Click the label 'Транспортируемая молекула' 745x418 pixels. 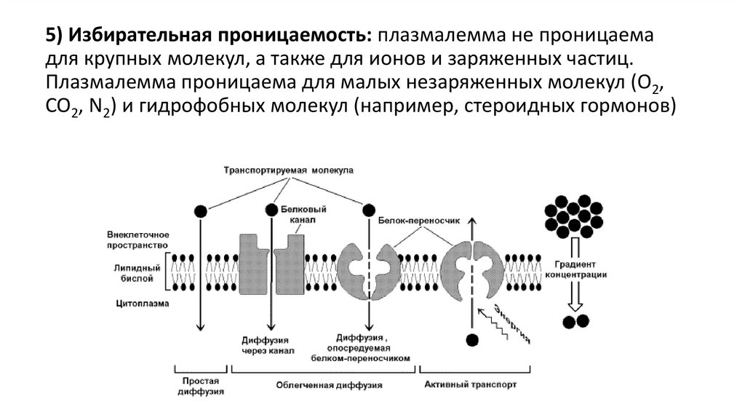tap(288, 170)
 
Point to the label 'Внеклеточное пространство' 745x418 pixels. tap(138, 240)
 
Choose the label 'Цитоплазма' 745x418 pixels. tap(138, 303)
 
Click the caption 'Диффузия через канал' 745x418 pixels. tap(267, 344)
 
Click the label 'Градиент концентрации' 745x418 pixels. tap(579, 269)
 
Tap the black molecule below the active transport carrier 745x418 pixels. tap(472, 339)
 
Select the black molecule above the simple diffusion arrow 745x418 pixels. tap(200, 210)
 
